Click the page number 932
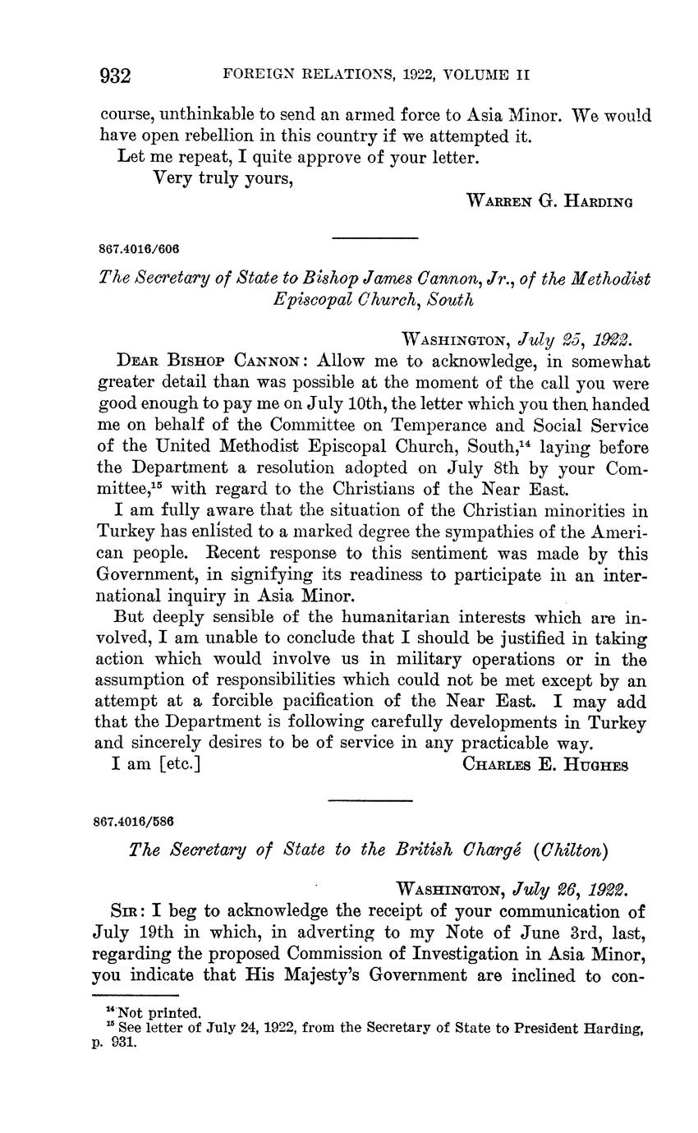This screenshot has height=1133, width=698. (116, 76)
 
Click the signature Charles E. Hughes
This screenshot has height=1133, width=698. (546, 765)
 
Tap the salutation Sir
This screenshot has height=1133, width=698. (122, 911)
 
